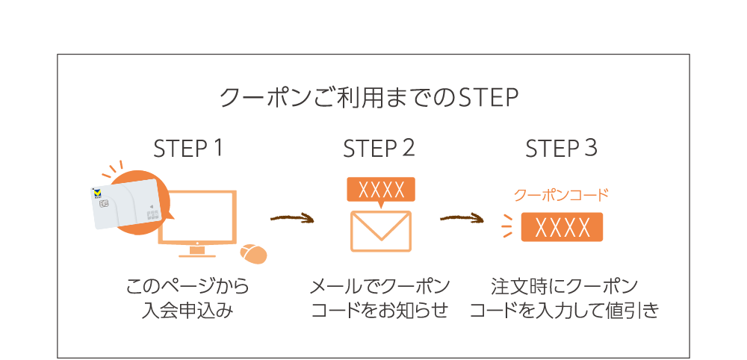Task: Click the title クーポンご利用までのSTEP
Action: (370, 99)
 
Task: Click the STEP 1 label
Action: (188, 149)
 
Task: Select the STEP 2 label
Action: (379, 149)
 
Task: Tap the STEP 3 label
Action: (561, 149)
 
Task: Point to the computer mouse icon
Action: (253, 254)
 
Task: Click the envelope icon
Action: (380, 231)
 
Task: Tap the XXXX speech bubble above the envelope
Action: (381, 189)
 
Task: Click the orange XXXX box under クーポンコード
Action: (562, 226)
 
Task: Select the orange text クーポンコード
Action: (561, 196)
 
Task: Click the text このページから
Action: (187, 288)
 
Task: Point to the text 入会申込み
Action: (187, 311)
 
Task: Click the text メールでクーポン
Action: (379, 288)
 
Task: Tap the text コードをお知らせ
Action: (379, 311)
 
